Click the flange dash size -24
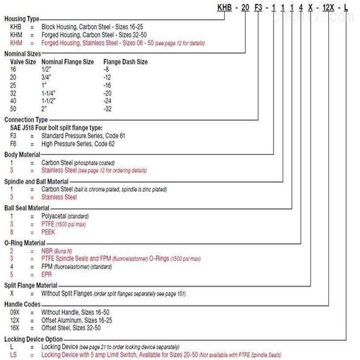[x=108, y=101]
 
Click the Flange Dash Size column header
[x=125, y=62]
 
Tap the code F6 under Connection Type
[x=13, y=144]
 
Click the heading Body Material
[x=21, y=155]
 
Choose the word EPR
[x=48, y=274]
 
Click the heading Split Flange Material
[x=31, y=285]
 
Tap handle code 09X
[x=15, y=312]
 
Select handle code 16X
[x=15, y=328]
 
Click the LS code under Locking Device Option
[x=13, y=354]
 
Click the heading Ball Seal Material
[x=27, y=208]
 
